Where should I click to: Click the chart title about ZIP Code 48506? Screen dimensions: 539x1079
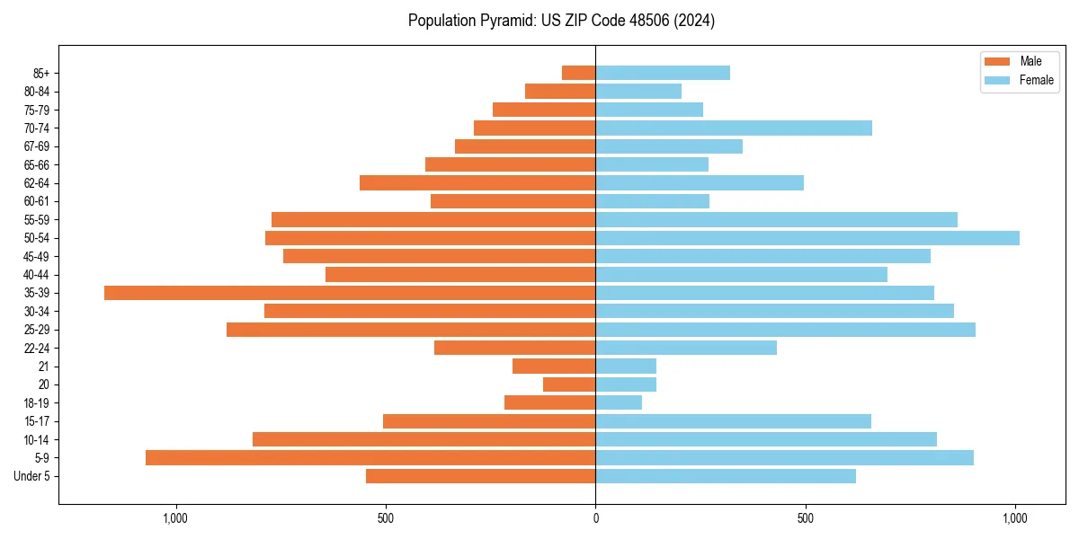tap(561, 21)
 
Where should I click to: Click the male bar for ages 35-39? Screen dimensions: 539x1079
tap(350, 293)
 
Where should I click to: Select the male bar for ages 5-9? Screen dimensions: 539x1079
tap(370, 458)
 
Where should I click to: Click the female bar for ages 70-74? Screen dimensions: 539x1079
tap(734, 128)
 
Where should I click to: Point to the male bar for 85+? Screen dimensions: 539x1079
tap(578, 73)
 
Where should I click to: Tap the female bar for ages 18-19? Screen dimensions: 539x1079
tap(619, 402)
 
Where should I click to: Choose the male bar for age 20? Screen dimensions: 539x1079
tap(569, 384)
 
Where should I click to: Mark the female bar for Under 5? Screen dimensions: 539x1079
tap(726, 476)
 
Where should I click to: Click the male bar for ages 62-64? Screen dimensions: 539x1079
tap(477, 182)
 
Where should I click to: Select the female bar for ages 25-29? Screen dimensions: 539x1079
tap(785, 330)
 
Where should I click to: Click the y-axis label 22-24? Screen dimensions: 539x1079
tap(37, 348)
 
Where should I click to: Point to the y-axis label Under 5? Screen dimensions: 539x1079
tap(31, 476)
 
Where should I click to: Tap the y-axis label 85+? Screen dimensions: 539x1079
tap(40, 73)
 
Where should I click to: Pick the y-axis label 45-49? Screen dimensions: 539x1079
tap(37, 256)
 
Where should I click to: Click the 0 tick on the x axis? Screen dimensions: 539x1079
tap(595, 518)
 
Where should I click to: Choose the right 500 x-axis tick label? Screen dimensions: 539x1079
tap(806, 518)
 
